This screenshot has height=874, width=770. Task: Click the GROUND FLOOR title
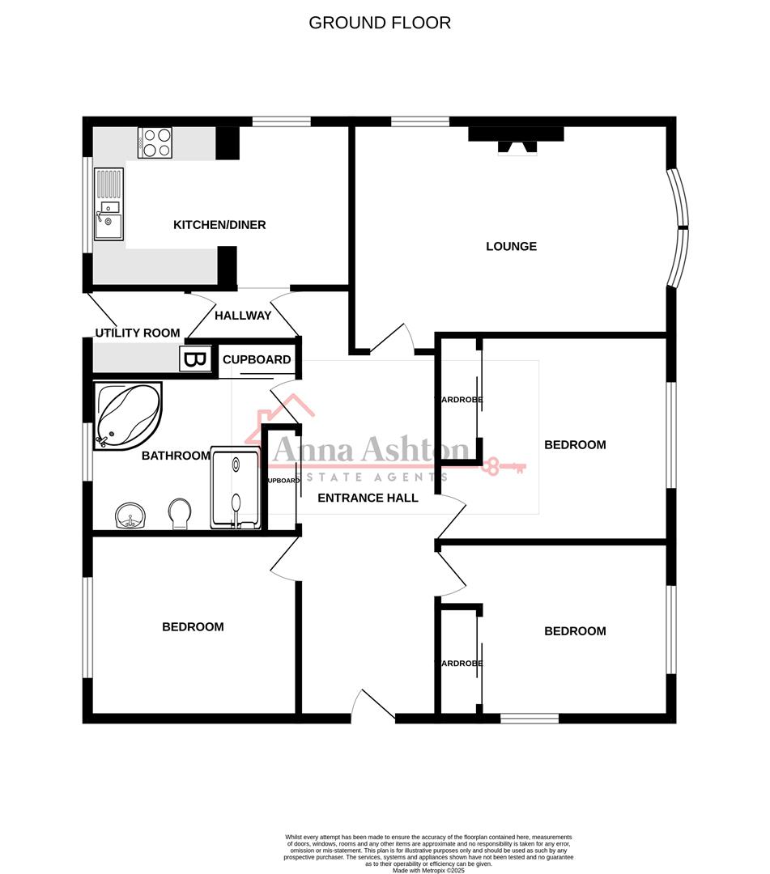tap(380, 23)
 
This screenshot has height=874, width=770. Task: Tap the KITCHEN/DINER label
tap(219, 225)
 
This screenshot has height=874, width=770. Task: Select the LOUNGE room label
tap(511, 246)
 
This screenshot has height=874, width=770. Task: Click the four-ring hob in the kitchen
tap(155, 142)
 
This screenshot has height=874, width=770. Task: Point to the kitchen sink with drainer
tap(108, 204)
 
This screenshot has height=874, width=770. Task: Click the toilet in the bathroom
tap(181, 513)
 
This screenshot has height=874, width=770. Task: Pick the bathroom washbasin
tap(130, 515)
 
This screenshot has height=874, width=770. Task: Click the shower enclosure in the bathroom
tap(236, 488)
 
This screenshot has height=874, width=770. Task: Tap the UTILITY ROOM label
tap(138, 333)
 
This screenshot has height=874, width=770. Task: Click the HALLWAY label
tap(243, 316)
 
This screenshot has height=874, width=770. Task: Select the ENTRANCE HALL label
tap(368, 498)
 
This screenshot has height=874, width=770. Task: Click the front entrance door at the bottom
tap(373, 705)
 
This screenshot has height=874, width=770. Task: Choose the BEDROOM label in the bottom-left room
tap(193, 626)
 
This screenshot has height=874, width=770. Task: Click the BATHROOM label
tap(176, 456)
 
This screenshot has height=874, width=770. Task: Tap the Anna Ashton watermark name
tap(370, 450)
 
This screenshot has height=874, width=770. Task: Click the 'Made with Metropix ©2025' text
tap(429, 870)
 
